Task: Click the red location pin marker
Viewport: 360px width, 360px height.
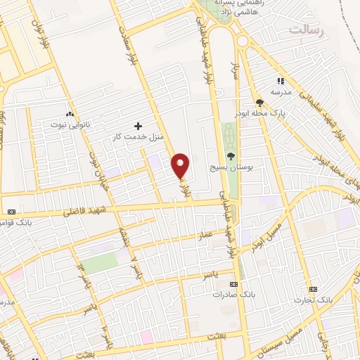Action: [x=181, y=165]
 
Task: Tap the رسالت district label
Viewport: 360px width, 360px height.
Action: [x=307, y=30]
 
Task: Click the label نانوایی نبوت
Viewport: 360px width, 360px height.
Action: [x=69, y=124]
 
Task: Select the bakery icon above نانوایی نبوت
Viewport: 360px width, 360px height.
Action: [x=69, y=114]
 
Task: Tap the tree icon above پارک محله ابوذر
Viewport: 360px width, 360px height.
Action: [x=259, y=103]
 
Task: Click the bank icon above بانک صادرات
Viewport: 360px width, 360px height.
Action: [x=233, y=284]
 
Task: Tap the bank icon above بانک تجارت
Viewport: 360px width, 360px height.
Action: [x=313, y=289]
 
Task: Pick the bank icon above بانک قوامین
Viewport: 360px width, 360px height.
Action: [x=11, y=212]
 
